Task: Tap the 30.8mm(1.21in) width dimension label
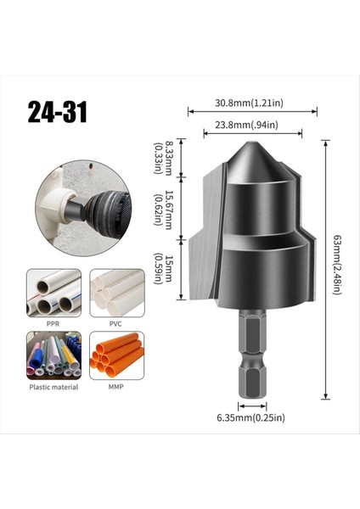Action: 253,102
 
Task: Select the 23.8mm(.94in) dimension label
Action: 253,124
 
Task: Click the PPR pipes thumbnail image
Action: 53,293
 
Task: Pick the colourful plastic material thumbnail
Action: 53,355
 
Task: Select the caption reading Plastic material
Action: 53,387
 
